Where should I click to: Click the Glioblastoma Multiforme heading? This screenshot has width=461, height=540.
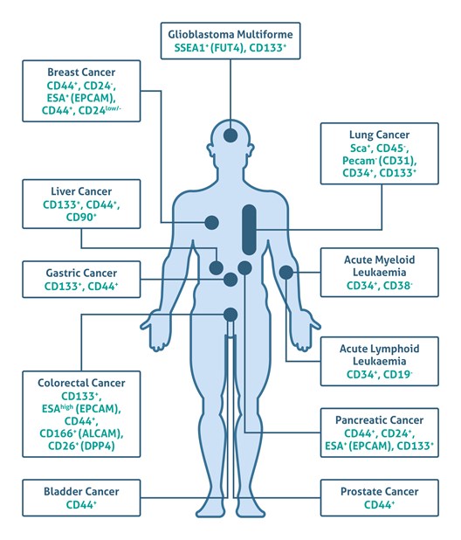pos(230,34)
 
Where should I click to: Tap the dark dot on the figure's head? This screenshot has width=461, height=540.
pos(230,135)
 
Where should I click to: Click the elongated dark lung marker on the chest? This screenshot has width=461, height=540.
pos(249,230)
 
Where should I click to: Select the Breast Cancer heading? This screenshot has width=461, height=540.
pos(81,73)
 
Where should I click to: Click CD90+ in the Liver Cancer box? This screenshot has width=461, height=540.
pos(81,218)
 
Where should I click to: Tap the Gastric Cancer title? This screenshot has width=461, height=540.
pos(81,273)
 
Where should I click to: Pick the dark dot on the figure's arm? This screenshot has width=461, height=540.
pos(286,273)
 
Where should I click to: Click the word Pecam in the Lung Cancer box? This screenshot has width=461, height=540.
pos(359,161)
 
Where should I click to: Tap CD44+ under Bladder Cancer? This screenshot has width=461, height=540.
pos(81,505)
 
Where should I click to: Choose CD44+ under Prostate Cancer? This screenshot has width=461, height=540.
pos(380,505)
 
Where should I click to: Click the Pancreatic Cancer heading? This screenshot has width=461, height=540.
pos(380,420)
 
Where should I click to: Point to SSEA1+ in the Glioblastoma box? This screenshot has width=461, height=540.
pos(191,47)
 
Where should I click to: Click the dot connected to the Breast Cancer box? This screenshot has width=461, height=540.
pos(212,223)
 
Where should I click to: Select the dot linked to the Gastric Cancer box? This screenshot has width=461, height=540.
pos(230,280)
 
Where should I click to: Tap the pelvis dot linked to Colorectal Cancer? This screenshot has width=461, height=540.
pos(230,315)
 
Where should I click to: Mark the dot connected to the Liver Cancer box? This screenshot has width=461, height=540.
pos(217,267)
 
